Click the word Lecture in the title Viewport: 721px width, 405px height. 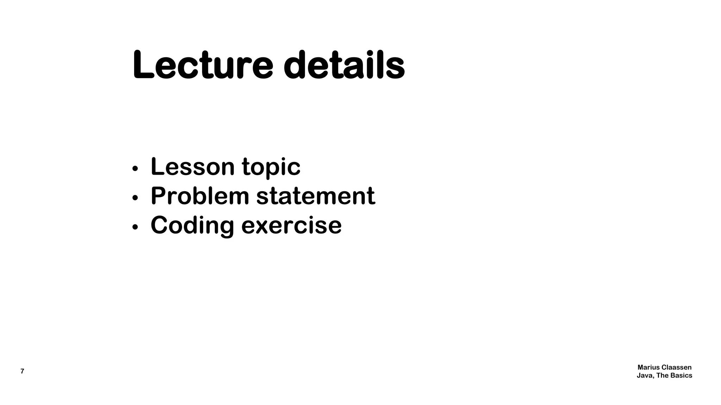click(202, 65)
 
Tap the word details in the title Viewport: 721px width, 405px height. click(344, 65)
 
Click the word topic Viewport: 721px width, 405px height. click(271, 167)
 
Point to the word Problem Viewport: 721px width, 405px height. click(200, 196)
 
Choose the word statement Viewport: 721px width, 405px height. click(315, 196)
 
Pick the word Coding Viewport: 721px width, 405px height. click(192, 226)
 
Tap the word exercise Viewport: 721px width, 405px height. click(291, 225)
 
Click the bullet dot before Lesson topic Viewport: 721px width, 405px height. click(134, 169)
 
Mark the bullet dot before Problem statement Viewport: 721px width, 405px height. click(134, 198)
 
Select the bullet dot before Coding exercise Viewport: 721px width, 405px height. click(134, 227)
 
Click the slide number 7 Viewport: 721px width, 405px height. click(22, 371)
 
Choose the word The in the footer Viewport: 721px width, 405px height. click(662, 375)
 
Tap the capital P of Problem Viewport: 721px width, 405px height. click(158, 196)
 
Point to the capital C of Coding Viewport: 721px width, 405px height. click(159, 225)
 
